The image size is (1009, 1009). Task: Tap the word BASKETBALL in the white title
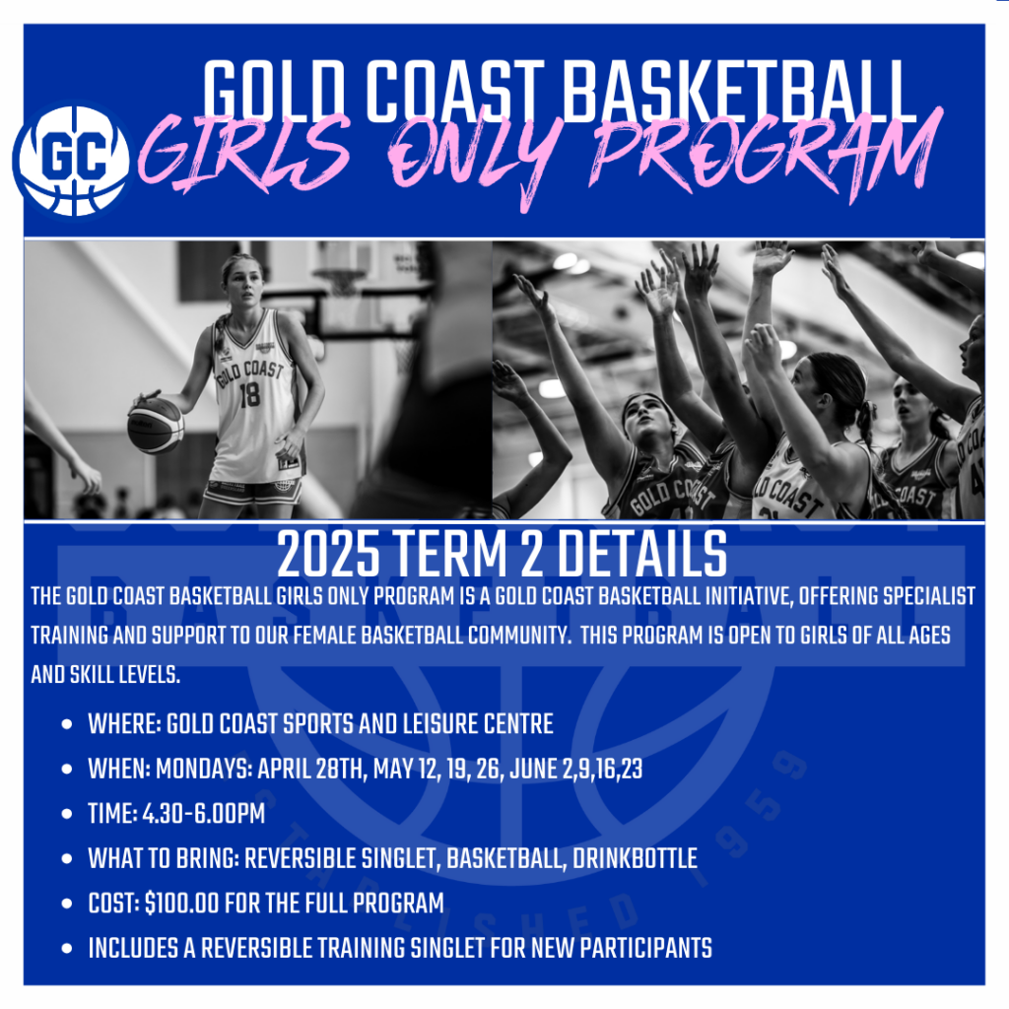[739, 92]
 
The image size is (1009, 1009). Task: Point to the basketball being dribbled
[155, 425]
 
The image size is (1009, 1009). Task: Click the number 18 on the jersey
[249, 395]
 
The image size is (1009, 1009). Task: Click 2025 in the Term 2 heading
[328, 554]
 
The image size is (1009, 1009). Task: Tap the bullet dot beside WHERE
[66, 724]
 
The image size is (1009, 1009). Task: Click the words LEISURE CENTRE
[478, 724]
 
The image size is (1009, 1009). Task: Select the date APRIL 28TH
[310, 769]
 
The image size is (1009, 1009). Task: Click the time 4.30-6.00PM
[203, 814]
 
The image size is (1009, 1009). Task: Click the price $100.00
[182, 904]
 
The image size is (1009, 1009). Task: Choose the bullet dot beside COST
[66, 904]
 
